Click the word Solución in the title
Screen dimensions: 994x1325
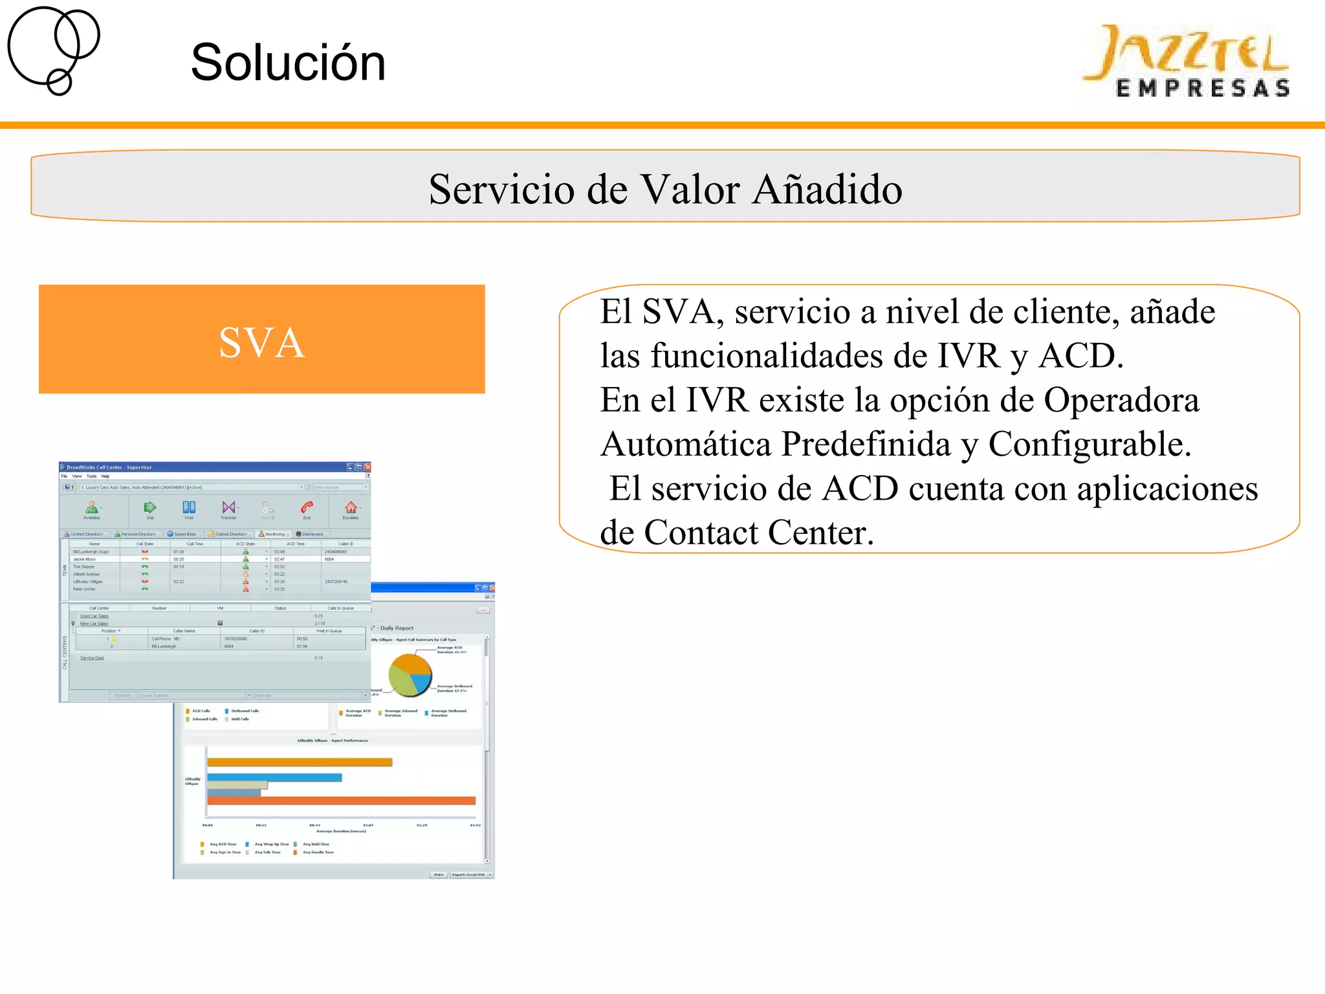288,63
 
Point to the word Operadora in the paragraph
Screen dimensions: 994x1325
1121,400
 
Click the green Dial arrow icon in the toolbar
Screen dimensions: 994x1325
150,507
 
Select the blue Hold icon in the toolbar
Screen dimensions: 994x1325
189,507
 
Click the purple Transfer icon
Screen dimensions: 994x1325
228,507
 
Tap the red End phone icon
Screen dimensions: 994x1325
307,507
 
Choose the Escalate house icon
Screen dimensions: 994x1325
350,507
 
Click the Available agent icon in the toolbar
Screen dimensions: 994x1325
92,507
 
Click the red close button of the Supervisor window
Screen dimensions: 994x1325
367,467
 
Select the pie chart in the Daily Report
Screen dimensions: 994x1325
410,674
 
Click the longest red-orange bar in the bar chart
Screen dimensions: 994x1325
342,801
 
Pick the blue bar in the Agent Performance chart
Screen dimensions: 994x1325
274,777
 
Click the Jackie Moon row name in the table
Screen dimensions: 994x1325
84,559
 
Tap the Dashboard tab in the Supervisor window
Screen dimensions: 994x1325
312,535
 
